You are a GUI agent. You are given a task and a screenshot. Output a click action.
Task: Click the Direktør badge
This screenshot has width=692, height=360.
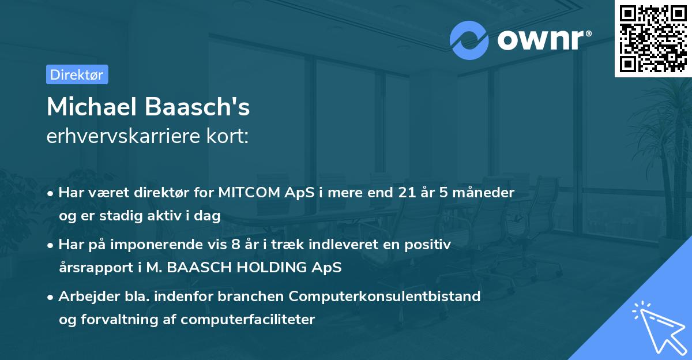click(x=77, y=74)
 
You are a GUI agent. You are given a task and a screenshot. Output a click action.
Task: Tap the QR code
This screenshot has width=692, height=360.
click(x=653, y=38)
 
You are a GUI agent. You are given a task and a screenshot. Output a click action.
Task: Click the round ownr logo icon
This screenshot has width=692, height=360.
click(x=469, y=40)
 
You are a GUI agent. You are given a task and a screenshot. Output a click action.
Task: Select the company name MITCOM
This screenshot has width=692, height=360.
click(x=245, y=193)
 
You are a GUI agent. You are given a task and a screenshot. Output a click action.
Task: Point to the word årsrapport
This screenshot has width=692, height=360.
click(x=93, y=268)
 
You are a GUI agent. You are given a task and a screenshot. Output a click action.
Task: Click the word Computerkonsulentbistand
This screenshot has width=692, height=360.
click(x=385, y=297)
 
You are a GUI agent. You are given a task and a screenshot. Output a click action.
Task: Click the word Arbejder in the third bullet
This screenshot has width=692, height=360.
click(x=83, y=297)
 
